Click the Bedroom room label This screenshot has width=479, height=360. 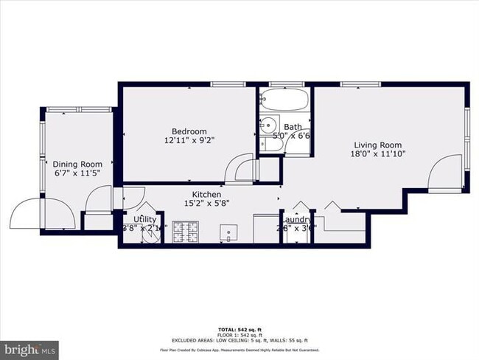[x=190, y=131]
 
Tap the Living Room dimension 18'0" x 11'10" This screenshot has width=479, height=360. [x=380, y=154]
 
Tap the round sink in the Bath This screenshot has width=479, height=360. [x=270, y=125]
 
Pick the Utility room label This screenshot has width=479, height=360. [x=144, y=220]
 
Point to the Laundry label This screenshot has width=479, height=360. [x=298, y=220]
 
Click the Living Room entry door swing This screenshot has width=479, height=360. [x=445, y=176]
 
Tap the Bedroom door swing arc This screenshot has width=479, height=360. [x=239, y=168]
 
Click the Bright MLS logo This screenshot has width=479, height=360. [x=30, y=347]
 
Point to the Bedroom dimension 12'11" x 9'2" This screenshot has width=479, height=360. [x=190, y=140]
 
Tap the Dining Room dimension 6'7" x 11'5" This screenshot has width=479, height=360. [x=77, y=173]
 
